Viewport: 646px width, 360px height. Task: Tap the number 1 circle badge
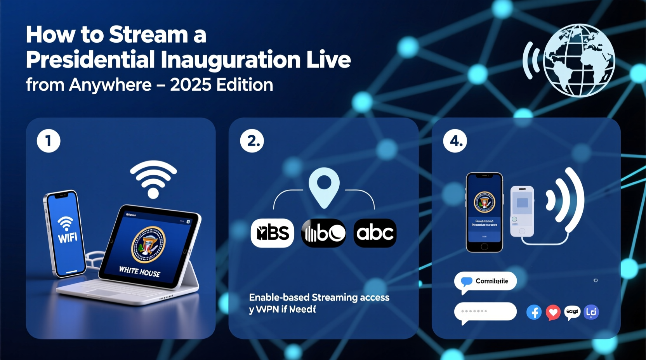click(49, 141)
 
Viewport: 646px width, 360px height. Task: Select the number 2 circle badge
click(252, 141)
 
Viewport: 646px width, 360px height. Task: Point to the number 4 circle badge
click(455, 141)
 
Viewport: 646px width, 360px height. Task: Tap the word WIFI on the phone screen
click(68, 237)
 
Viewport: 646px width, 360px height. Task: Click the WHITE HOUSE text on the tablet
click(139, 272)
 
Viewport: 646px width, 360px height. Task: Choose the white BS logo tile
click(273, 233)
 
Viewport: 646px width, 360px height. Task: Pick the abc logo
click(375, 233)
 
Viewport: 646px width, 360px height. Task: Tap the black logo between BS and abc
click(323, 233)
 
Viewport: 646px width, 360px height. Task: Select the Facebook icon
click(534, 312)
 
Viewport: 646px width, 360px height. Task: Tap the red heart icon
click(553, 312)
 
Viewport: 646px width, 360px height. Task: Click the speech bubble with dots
click(485, 312)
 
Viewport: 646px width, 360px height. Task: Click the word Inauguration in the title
click(231, 60)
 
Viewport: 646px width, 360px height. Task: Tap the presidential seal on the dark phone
click(484, 202)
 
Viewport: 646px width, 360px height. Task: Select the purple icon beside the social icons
click(591, 312)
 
